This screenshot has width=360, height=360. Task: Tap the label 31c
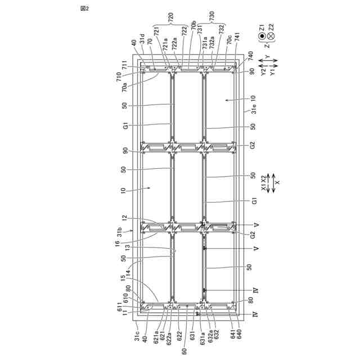pos(137,336)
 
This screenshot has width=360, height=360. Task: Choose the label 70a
pos(125,87)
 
